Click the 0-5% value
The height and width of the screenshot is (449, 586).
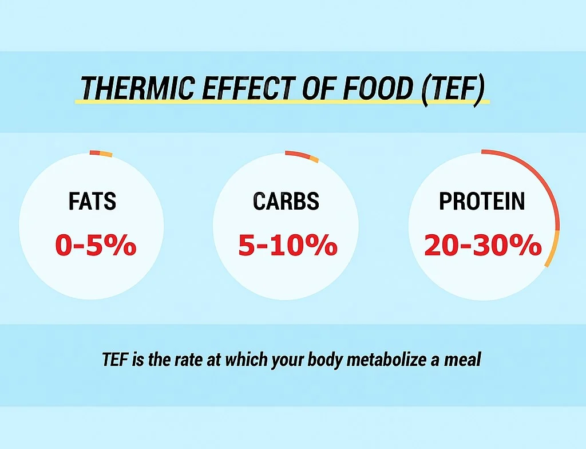coord(96,245)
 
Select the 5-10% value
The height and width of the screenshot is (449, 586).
coord(287,245)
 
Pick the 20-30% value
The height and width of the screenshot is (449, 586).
coord(483,245)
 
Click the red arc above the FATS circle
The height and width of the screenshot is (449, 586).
coord(94,152)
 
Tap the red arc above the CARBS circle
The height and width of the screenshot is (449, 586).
coord(296,153)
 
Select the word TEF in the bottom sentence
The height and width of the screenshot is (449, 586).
coord(113,360)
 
